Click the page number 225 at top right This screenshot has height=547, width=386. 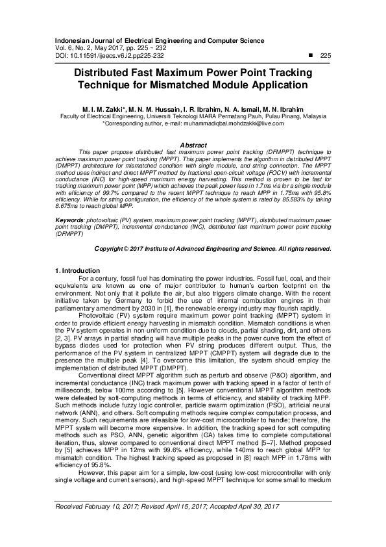[x=326, y=56]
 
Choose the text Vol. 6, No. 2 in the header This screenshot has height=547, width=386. [x=76, y=49]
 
